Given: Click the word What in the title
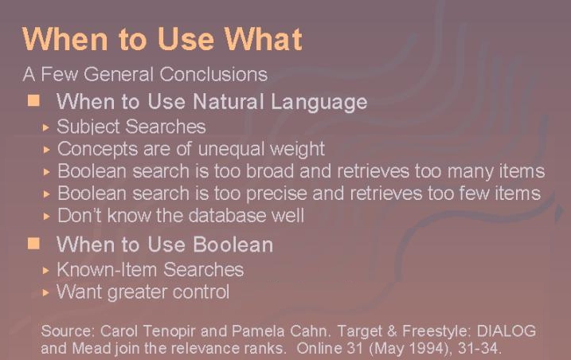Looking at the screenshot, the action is click(x=263, y=38).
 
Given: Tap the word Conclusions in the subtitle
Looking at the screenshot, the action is click(x=213, y=74).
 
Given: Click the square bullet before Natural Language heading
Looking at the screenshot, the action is click(x=34, y=100).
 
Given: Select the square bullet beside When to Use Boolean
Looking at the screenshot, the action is click(x=34, y=244).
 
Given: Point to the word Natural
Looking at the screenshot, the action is click(x=229, y=101).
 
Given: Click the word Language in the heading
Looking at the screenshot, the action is click(x=319, y=103).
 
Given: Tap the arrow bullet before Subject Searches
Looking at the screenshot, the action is click(x=46, y=127).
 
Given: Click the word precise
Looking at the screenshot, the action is click(x=276, y=194).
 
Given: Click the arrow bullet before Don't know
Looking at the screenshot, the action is click(x=46, y=217).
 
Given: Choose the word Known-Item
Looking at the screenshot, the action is click(x=107, y=270).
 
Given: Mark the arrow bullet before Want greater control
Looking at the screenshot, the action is click(x=46, y=292).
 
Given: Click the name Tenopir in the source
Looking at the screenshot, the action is click(x=170, y=331).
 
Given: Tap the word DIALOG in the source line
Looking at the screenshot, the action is click(x=506, y=331).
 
